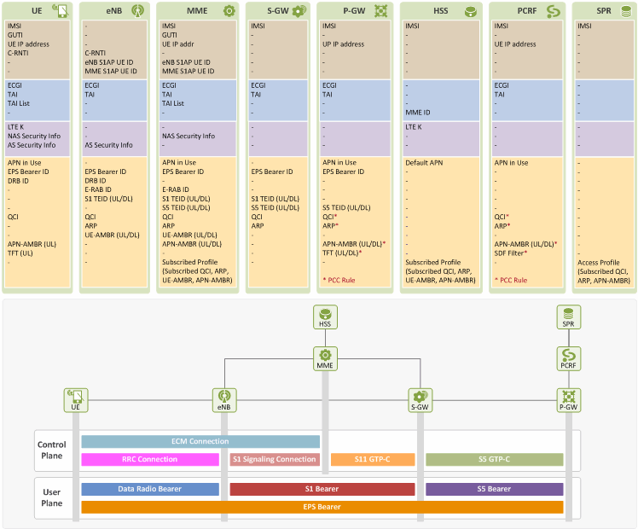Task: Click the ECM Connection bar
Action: (x=200, y=441)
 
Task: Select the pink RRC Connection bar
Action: (x=150, y=459)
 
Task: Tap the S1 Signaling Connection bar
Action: (x=275, y=459)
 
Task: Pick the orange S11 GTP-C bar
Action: (x=373, y=459)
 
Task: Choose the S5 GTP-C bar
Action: (x=495, y=459)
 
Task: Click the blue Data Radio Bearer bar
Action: (x=150, y=489)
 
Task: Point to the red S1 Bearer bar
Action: (x=322, y=489)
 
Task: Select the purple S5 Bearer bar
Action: (x=495, y=489)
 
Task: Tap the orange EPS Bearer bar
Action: (x=322, y=507)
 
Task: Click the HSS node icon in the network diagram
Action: (x=325, y=317)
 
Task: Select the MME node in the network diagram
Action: (x=325, y=358)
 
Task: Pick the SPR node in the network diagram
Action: (x=568, y=317)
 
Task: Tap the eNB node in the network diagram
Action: (x=224, y=400)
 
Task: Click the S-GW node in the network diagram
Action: (x=420, y=400)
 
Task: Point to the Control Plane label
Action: (x=52, y=450)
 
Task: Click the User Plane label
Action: (x=52, y=497)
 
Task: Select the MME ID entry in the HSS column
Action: (x=417, y=113)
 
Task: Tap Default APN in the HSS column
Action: (x=424, y=163)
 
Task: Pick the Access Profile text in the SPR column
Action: (x=599, y=263)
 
